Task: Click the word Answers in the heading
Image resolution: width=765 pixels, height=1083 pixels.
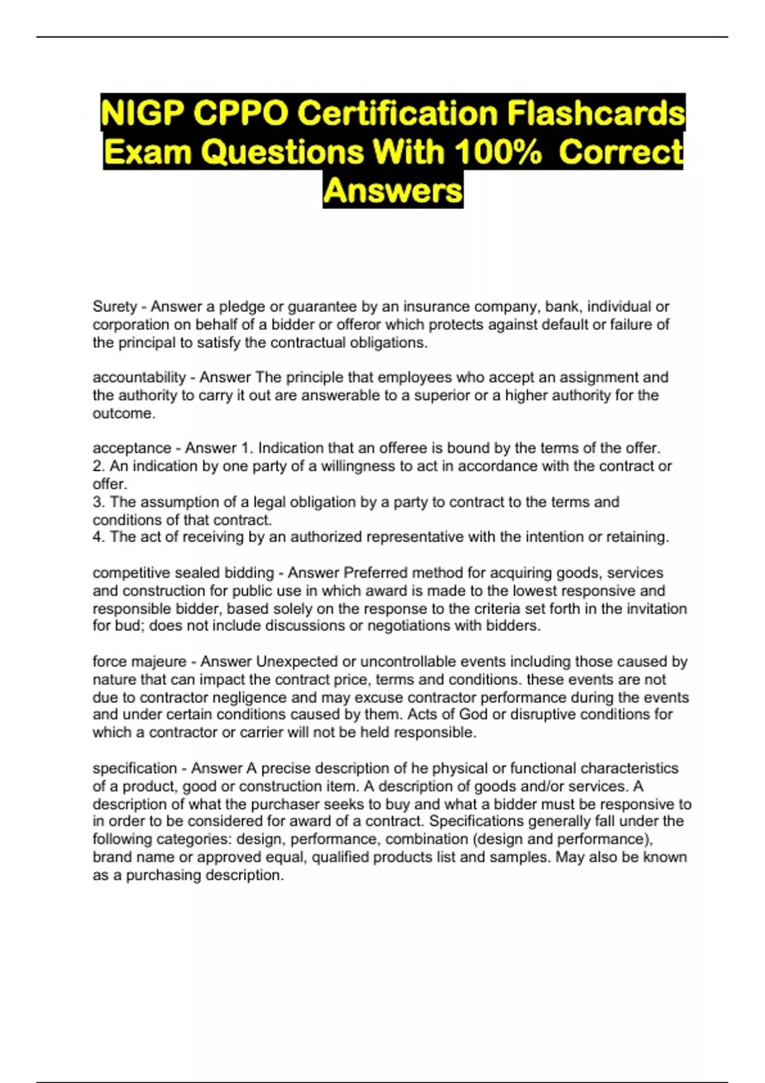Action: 393,190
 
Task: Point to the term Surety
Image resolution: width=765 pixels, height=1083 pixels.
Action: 115,306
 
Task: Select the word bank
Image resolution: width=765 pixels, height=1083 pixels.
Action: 562,306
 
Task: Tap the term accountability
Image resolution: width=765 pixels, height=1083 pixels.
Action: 139,377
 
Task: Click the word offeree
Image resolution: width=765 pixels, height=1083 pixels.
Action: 403,448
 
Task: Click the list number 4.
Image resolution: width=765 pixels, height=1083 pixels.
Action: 98,537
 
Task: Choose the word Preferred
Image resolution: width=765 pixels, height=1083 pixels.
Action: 377,573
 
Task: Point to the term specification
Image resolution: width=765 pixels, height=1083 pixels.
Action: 135,768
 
